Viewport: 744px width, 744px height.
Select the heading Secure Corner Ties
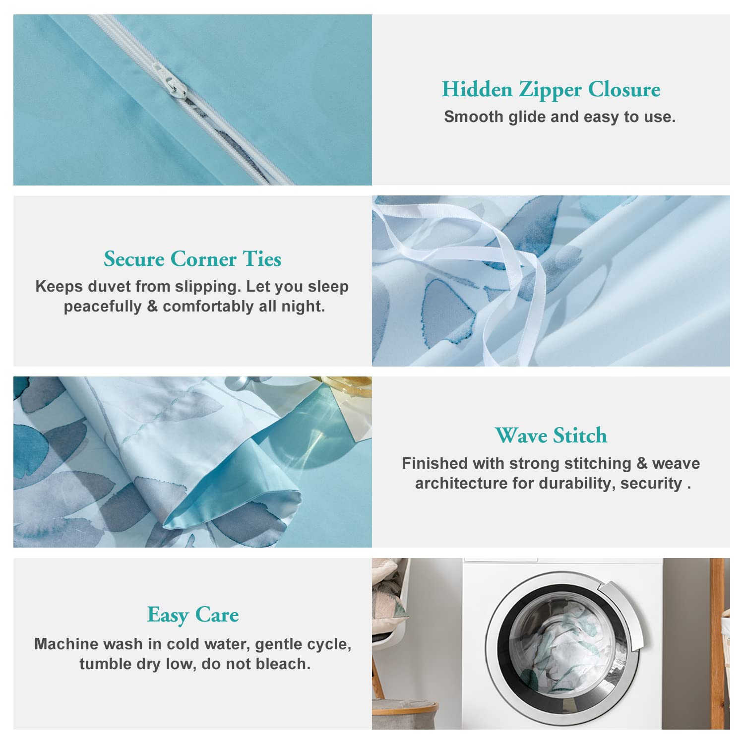click(x=192, y=259)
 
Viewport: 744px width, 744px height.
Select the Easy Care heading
click(x=193, y=616)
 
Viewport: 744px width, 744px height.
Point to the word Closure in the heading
click(x=624, y=90)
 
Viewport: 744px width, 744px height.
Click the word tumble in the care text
click(x=105, y=664)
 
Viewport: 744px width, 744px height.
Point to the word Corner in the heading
click(x=203, y=259)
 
